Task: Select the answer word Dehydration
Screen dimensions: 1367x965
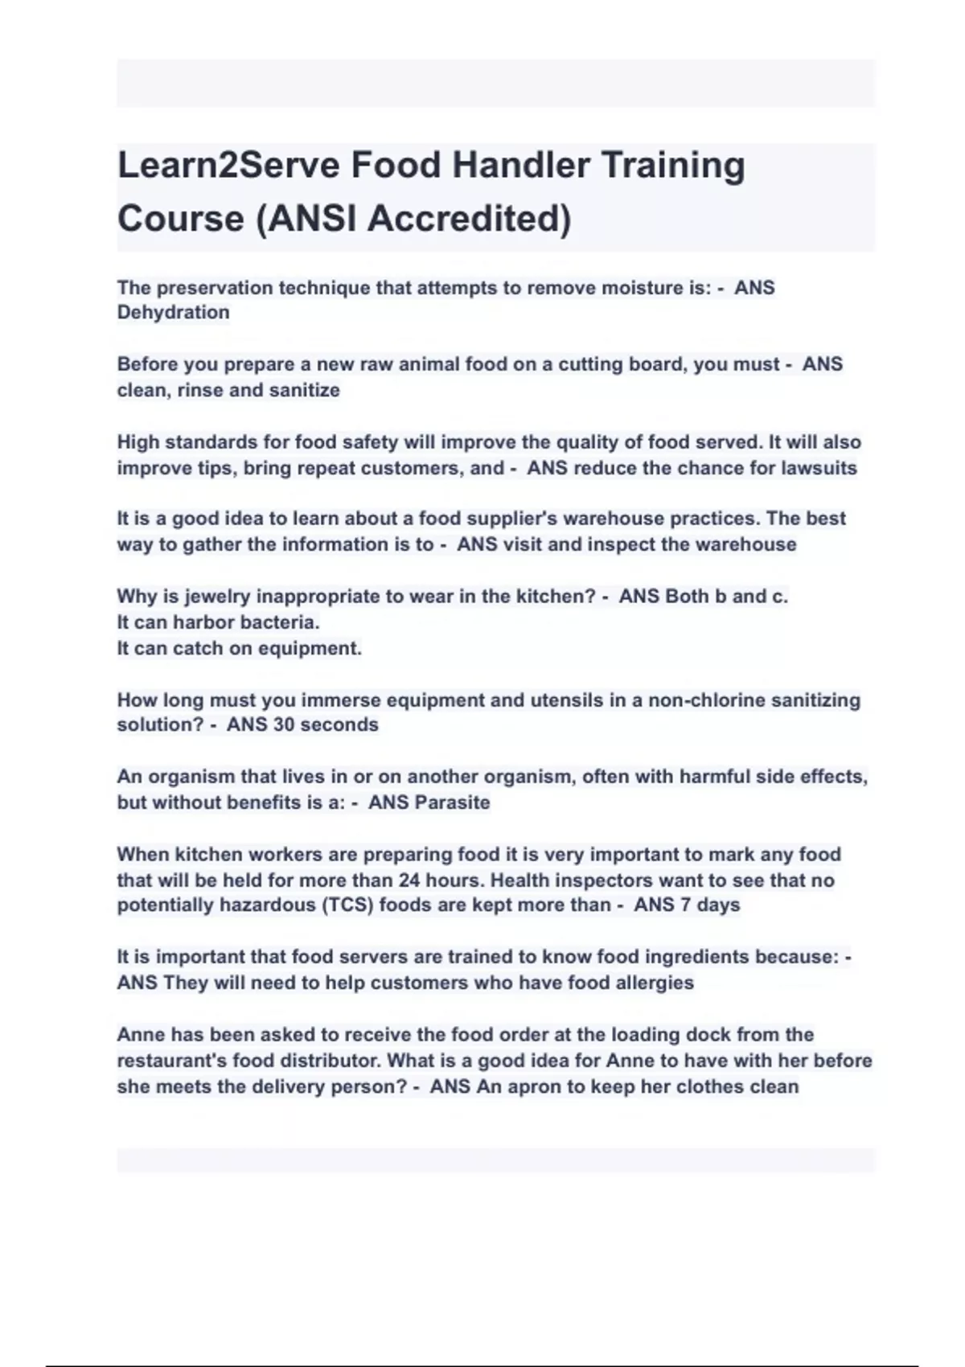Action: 173,312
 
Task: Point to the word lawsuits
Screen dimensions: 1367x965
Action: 819,468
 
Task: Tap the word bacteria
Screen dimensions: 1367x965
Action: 278,622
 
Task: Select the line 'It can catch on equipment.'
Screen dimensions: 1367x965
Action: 239,648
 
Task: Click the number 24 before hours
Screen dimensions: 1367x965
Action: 409,880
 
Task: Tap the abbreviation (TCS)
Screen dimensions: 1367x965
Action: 348,905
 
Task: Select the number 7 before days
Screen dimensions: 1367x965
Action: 685,905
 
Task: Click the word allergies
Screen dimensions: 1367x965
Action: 654,983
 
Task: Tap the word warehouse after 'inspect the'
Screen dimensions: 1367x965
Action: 745,544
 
